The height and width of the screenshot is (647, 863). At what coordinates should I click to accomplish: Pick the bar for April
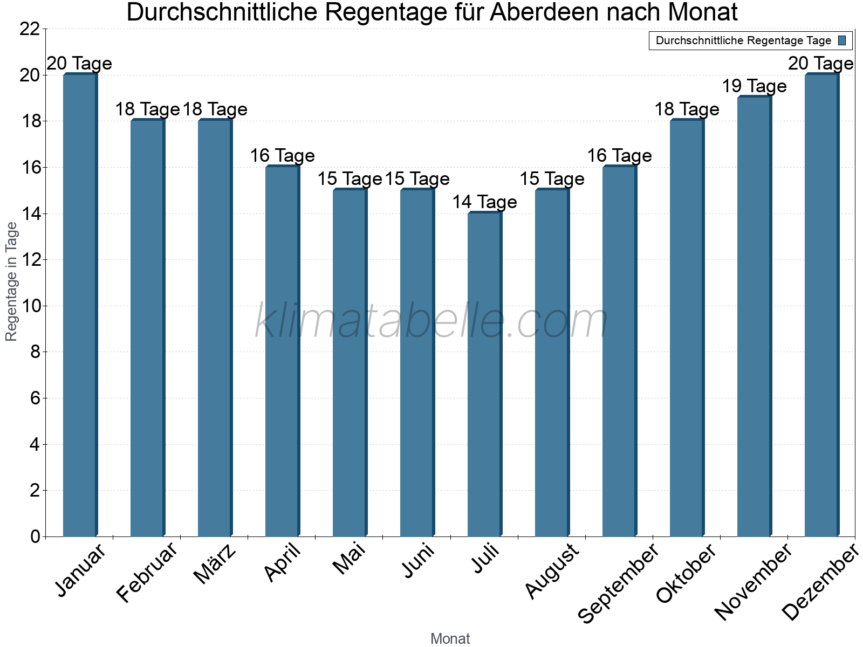point(282,351)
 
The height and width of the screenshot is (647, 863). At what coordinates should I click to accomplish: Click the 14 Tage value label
point(484,202)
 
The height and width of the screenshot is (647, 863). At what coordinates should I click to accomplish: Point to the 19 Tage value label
point(754,86)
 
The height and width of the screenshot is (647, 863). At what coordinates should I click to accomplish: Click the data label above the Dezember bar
point(820,64)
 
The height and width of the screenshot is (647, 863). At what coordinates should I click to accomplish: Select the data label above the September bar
point(619,156)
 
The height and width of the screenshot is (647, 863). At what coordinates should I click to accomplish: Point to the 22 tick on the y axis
point(30,29)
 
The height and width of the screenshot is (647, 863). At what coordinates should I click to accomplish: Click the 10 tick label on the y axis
point(30,306)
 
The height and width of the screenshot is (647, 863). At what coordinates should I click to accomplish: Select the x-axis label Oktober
point(686,573)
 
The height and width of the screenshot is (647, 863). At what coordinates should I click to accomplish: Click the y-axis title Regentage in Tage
point(11,281)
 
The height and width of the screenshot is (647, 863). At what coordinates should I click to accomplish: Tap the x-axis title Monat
point(450,638)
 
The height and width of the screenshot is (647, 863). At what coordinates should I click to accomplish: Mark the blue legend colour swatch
point(842,40)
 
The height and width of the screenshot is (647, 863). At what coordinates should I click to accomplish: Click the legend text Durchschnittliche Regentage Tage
point(743,40)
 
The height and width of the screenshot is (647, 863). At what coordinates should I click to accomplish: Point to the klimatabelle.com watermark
point(432,321)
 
